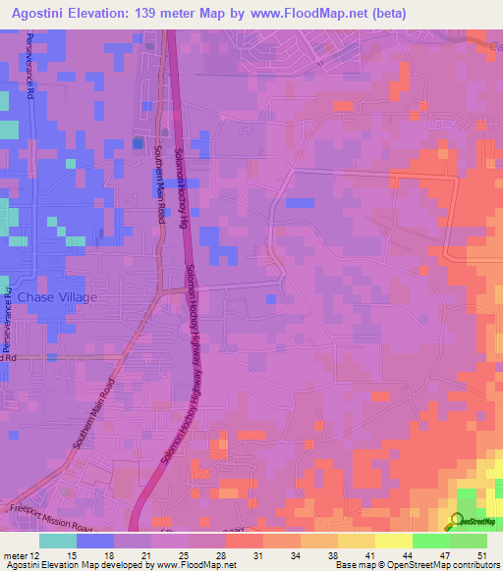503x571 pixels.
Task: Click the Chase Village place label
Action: (x=50, y=296)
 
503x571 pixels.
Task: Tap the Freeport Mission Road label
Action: (x=44, y=510)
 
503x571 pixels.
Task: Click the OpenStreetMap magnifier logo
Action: (x=458, y=521)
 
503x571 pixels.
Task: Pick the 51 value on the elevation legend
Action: (x=481, y=555)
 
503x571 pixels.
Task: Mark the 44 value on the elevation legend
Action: (x=408, y=555)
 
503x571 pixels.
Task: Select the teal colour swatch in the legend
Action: (x=58, y=541)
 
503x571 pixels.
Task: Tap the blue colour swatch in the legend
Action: (x=95, y=541)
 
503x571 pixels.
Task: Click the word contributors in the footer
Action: (x=470, y=566)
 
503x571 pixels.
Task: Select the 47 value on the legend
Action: (x=445, y=555)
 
